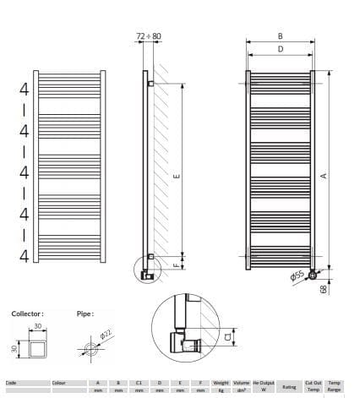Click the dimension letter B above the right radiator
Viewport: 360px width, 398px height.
tap(280, 36)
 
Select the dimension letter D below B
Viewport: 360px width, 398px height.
tap(280, 50)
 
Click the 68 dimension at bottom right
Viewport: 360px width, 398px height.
tap(325, 288)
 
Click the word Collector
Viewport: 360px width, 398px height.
tap(26, 313)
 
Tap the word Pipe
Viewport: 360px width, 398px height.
tap(85, 313)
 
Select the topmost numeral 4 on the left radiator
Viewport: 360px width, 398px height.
tap(25, 89)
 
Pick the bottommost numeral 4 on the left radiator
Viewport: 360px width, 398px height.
tap(25, 254)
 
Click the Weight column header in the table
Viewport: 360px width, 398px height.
tap(221, 383)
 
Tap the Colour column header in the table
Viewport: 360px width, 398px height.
tap(58, 383)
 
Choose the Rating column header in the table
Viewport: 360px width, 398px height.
tap(288, 387)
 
